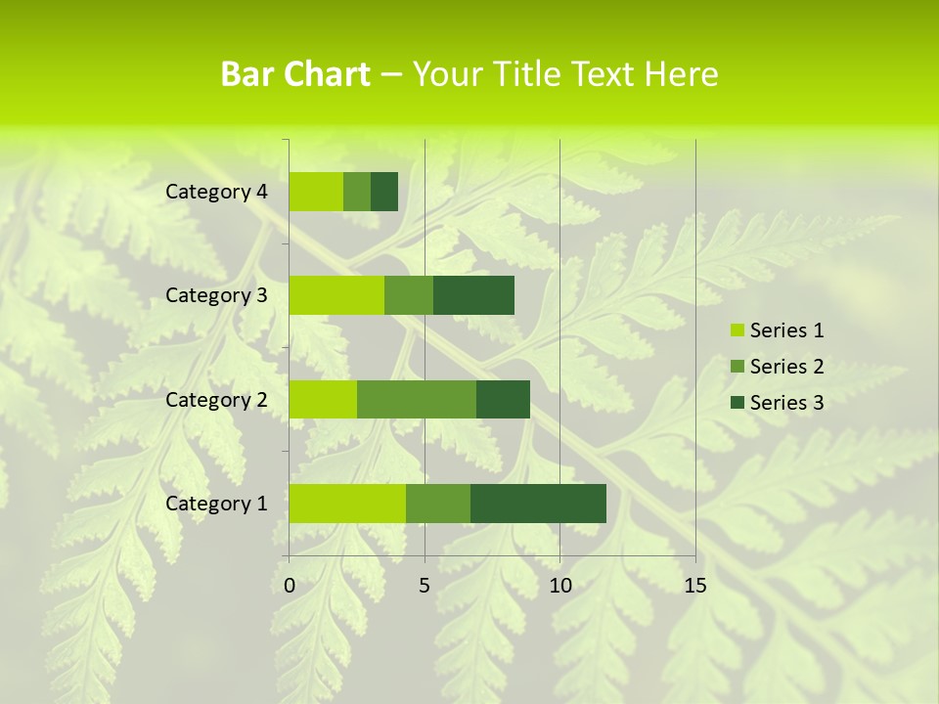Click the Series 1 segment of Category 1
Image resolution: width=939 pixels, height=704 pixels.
point(347,503)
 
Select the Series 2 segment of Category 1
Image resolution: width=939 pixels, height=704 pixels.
point(438,503)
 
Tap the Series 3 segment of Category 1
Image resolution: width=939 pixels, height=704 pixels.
point(538,503)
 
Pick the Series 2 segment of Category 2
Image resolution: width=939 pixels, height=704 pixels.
point(417,399)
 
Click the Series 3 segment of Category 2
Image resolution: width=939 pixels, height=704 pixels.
point(503,399)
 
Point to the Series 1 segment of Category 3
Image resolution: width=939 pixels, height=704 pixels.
point(336,295)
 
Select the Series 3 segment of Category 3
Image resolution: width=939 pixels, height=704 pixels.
point(473,295)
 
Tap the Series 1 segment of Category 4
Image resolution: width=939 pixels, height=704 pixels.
point(316,192)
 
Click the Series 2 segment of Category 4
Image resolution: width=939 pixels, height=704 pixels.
point(357,192)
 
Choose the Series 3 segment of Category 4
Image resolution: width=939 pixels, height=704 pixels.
point(384,192)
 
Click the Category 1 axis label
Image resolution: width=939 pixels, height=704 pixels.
point(216,504)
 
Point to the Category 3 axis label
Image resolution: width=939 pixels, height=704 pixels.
point(216,295)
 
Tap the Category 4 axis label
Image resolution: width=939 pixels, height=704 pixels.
point(216,192)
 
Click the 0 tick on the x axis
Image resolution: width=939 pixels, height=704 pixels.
point(290,586)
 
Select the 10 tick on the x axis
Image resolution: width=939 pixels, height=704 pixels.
point(559,586)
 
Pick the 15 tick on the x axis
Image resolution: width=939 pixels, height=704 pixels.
point(694,586)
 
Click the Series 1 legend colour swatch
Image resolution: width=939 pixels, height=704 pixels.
point(737,330)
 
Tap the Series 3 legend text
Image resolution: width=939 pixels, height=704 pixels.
point(786,403)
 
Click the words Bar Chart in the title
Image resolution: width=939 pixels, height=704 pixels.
point(294,74)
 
